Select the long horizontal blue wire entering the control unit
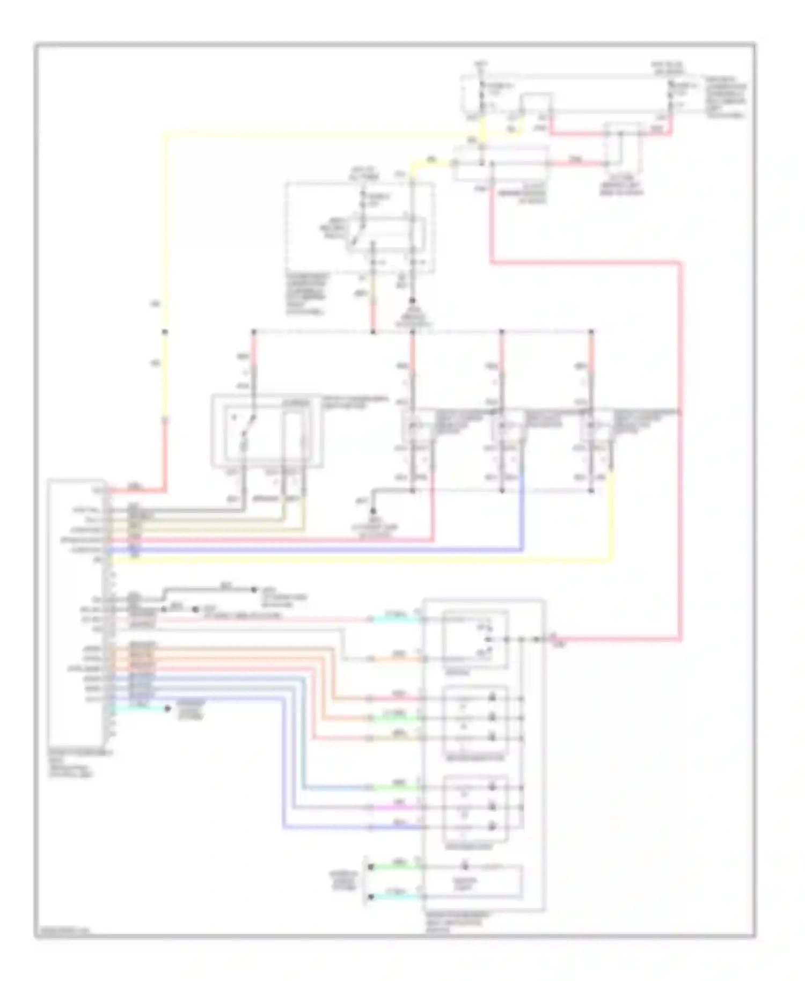[x=322, y=550]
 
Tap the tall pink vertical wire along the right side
[x=680, y=456]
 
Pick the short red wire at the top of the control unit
[x=137, y=490]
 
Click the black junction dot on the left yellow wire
[x=164, y=332]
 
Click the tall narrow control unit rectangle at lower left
[x=76, y=612]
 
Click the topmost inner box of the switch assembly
[x=475, y=639]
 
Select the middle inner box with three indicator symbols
[x=475, y=719]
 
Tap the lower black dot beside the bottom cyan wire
[x=370, y=897]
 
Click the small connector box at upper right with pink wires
[x=623, y=145]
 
